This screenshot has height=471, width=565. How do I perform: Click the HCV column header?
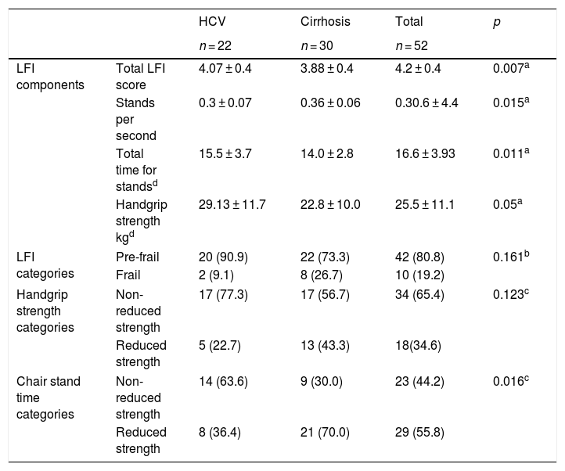[212, 22]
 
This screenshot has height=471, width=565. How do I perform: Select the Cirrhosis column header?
[326, 22]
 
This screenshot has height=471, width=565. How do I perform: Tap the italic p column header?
[497, 23]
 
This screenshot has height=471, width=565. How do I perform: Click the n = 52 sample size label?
[412, 45]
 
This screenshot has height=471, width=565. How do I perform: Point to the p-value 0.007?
[511, 68]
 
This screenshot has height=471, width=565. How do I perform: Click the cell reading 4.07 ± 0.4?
[225, 69]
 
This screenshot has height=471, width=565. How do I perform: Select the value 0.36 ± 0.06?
[330, 102]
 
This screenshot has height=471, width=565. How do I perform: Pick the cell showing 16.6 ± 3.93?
[425, 153]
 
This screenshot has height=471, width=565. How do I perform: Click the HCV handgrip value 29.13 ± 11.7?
[232, 204]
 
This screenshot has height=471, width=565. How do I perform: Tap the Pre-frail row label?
[137, 257]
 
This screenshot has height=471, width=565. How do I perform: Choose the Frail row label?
[128, 275]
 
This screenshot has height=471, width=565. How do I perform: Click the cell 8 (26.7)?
[322, 275]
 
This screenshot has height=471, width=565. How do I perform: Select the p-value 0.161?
[511, 256]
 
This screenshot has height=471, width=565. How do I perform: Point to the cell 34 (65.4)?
[419, 294]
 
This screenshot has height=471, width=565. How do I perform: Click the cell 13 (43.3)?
[325, 345]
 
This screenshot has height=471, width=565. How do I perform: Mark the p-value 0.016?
[511, 381]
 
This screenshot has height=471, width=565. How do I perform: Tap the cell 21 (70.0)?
[325, 432]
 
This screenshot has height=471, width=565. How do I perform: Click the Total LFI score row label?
[141, 77]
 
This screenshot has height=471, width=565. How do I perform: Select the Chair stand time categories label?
[49, 397]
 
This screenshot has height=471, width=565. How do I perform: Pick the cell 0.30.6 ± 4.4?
[426, 102]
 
